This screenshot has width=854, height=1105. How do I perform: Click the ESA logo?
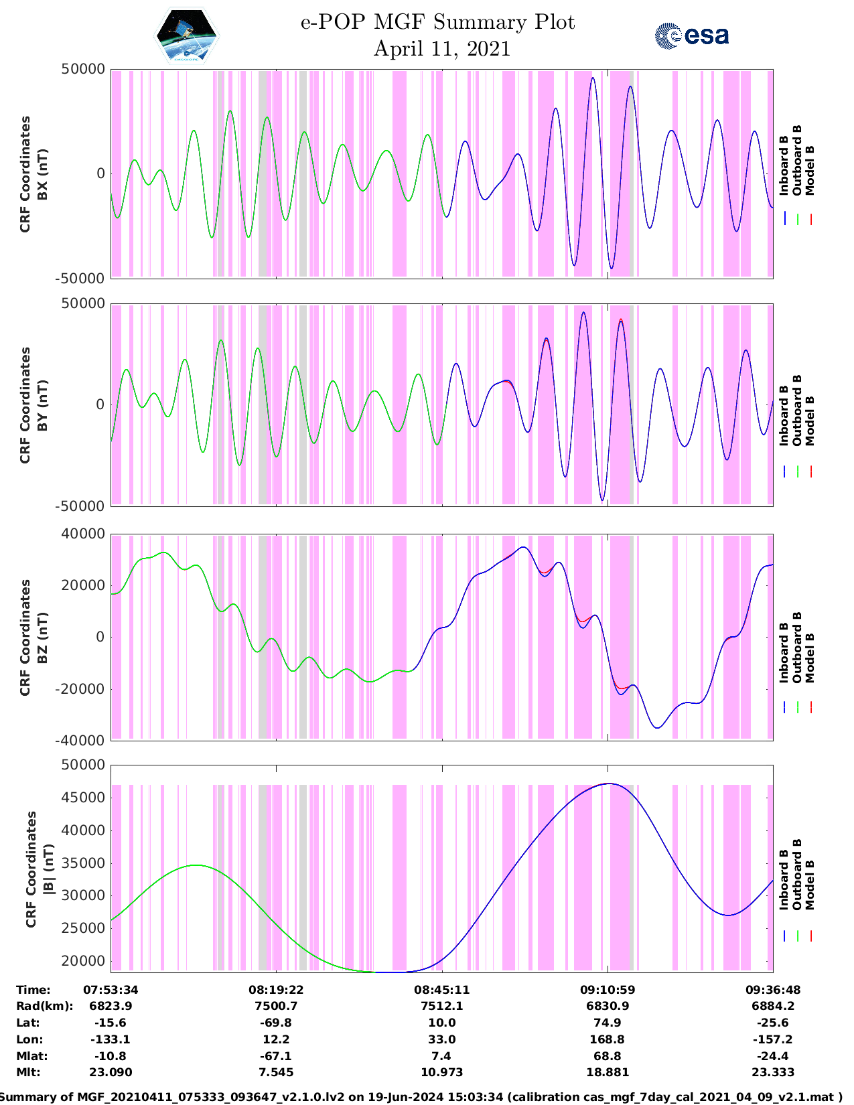pyautogui.click(x=692, y=35)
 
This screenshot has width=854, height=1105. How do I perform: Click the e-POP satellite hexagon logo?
pyautogui.click(x=186, y=35)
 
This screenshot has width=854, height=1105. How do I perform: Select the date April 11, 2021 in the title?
pyautogui.click(x=441, y=49)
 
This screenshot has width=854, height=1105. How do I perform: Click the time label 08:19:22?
pyautogui.click(x=276, y=989)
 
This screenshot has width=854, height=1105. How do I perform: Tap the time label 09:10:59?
pyautogui.click(x=608, y=989)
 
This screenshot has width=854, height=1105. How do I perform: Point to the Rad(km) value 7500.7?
pyautogui.click(x=276, y=1006)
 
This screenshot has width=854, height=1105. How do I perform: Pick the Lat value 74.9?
pyautogui.click(x=608, y=1023)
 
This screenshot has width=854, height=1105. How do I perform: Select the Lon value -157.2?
pyautogui.click(x=773, y=1039)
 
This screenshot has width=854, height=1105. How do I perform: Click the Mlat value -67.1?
pyautogui.click(x=276, y=1056)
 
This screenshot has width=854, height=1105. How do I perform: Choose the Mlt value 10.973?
pyautogui.click(x=441, y=1072)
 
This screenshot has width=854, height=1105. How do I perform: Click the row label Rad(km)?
pyautogui.click(x=44, y=1006)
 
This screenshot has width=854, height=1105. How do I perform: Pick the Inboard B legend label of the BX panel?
pyautogui.click(x=784, y=165)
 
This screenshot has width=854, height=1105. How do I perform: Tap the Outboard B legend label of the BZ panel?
pyautogui.click(x=797, y=647)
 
